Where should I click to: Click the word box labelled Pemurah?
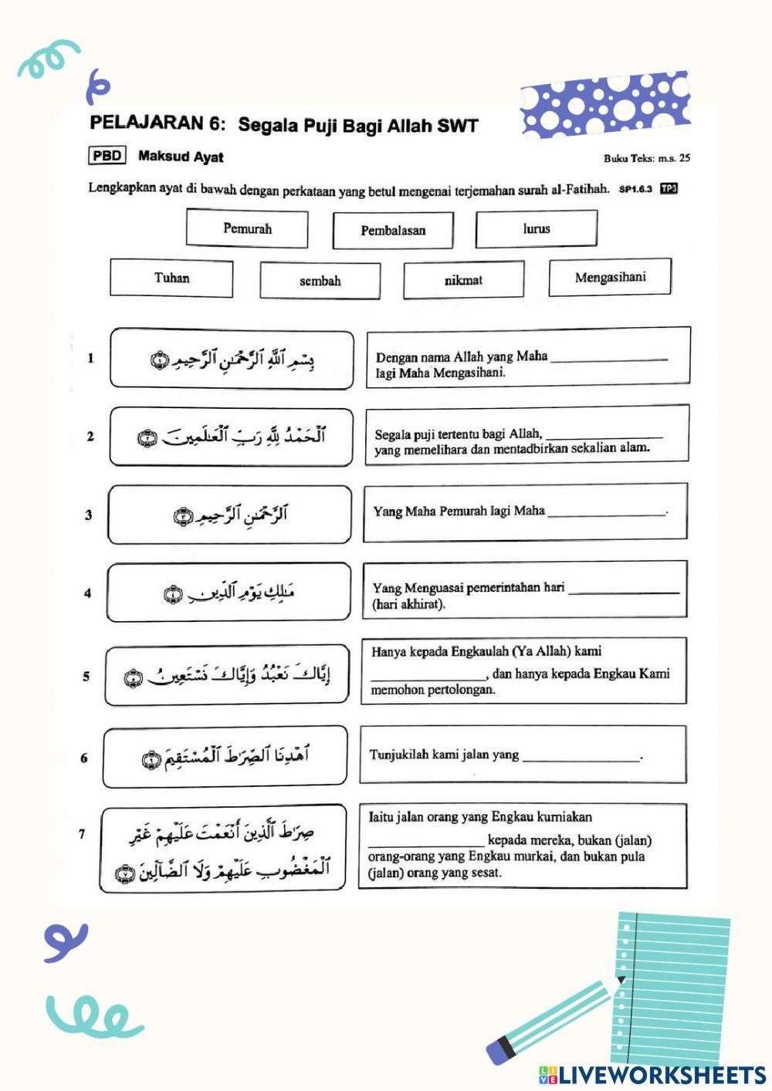tap(247, 228)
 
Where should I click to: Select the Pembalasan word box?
tap(393, 230)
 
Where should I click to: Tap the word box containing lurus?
tap(537, 228)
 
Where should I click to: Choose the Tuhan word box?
tap(171, 278)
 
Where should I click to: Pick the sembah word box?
tap(320, 280)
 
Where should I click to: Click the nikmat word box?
tap(463, 279)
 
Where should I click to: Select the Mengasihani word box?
tap(610, 277)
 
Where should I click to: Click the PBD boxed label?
tap(107, 156)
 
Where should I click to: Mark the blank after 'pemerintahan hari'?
tap(623, 590)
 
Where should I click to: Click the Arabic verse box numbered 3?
tap(230, 515)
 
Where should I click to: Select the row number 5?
tap(86, 677)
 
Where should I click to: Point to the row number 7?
tap(83, 833)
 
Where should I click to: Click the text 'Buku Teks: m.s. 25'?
tap(647, 158)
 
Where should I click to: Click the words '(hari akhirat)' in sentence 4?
tap(409, 604)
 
